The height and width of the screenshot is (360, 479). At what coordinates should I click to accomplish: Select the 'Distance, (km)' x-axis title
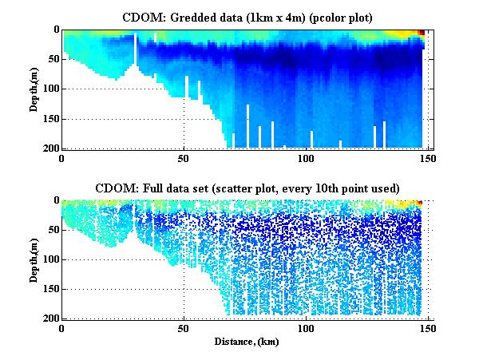(245, 342)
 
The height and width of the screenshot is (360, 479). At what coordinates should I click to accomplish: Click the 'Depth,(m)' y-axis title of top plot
(35, 89)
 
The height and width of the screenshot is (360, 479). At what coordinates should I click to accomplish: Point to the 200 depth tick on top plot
(49, 148)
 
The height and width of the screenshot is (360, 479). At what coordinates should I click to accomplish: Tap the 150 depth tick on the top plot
(49, 119)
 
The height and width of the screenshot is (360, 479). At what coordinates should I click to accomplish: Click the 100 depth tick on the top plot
(49, 89)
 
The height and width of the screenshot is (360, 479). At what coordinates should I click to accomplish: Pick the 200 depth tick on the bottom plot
(49, 318)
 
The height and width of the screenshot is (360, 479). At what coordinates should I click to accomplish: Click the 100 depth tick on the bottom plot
(49, 259)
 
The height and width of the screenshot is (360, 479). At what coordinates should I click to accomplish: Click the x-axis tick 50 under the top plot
(184, 158)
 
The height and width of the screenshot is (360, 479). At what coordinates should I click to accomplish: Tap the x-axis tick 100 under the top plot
(306, 158)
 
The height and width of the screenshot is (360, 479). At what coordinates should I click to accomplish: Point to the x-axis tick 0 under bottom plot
(61, 327)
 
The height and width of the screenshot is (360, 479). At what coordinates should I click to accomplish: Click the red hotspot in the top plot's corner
(421, 32)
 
